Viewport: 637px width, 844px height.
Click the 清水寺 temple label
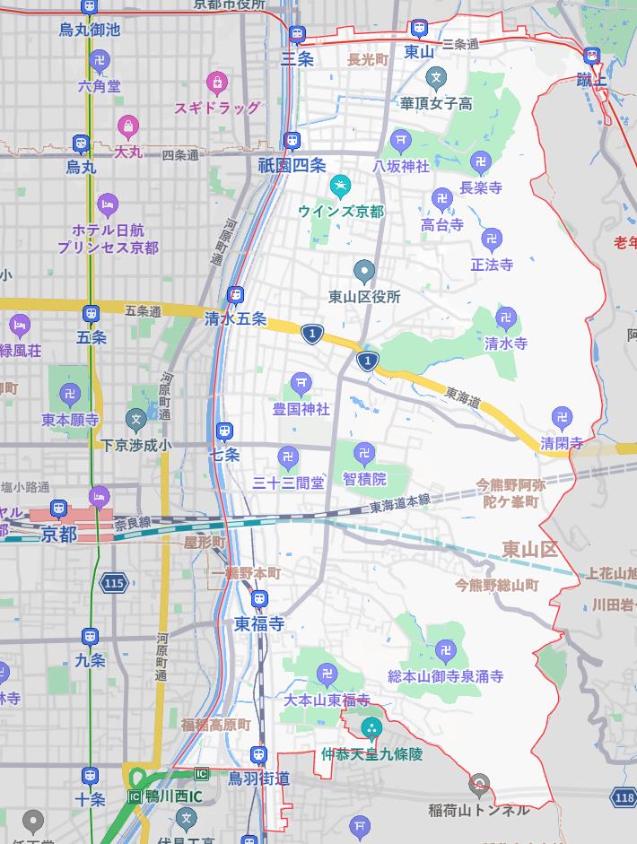(x=506, y=344)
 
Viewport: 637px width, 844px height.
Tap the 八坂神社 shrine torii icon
(x=401, y=140)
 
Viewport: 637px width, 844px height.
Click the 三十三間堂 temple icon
(x=288, y=457)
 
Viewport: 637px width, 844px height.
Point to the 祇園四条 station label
(x=292, y=165)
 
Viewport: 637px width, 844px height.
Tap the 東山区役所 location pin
(x=364, y=271)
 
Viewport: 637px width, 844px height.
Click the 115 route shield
(x=113, y=583)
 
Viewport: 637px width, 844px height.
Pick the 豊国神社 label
(x=301, y=409)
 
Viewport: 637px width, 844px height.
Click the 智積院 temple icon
(x=364, y=454)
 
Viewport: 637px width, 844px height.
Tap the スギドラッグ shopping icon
(x=216, y=84)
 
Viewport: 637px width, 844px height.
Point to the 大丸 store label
(x=128, y=152)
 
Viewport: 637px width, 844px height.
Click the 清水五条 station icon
(x=235, y=295)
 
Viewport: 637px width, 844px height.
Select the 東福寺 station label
(x=259, y=623)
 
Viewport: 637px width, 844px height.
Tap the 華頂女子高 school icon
(x=436, y=79)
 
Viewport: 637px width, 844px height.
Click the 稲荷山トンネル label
(x=479, y=809)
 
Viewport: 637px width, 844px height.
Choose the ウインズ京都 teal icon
(x=340, y=188)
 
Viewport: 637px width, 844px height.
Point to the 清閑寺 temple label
(x=562, y=443)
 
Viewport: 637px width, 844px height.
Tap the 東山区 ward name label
(x=529, y=549)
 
